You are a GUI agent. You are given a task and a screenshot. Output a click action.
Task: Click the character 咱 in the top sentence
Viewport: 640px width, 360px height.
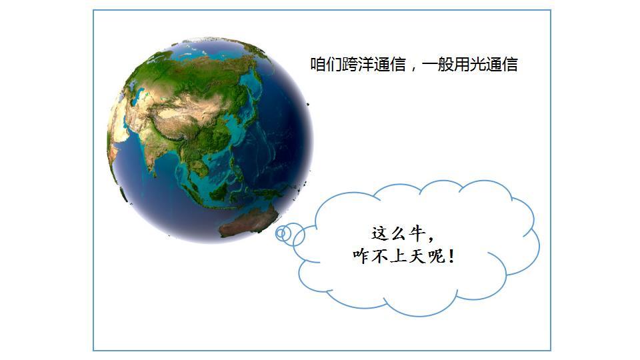[318, 65]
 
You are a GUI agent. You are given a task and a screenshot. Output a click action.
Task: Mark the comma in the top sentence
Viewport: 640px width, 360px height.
[413, 69]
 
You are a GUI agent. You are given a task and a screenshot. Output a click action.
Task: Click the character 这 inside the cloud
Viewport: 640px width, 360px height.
[379, 234]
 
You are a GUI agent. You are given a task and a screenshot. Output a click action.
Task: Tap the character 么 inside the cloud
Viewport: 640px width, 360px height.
[399, 234]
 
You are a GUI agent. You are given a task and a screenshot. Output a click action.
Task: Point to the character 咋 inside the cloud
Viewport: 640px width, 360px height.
[361, 256]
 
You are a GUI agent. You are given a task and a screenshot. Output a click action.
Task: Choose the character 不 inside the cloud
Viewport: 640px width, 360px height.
[379, 256]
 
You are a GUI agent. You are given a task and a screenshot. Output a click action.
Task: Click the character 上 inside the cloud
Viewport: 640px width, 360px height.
[399, 256]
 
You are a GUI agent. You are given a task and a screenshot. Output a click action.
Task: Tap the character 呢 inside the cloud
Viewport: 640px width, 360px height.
[436, 256]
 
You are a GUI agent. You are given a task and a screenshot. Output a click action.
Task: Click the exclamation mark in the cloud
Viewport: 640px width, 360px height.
[451, 256]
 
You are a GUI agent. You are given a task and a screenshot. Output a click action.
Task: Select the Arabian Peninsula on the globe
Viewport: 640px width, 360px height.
[119, 131]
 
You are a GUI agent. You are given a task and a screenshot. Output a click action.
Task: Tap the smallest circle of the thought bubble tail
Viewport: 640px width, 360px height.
[281, 234]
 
